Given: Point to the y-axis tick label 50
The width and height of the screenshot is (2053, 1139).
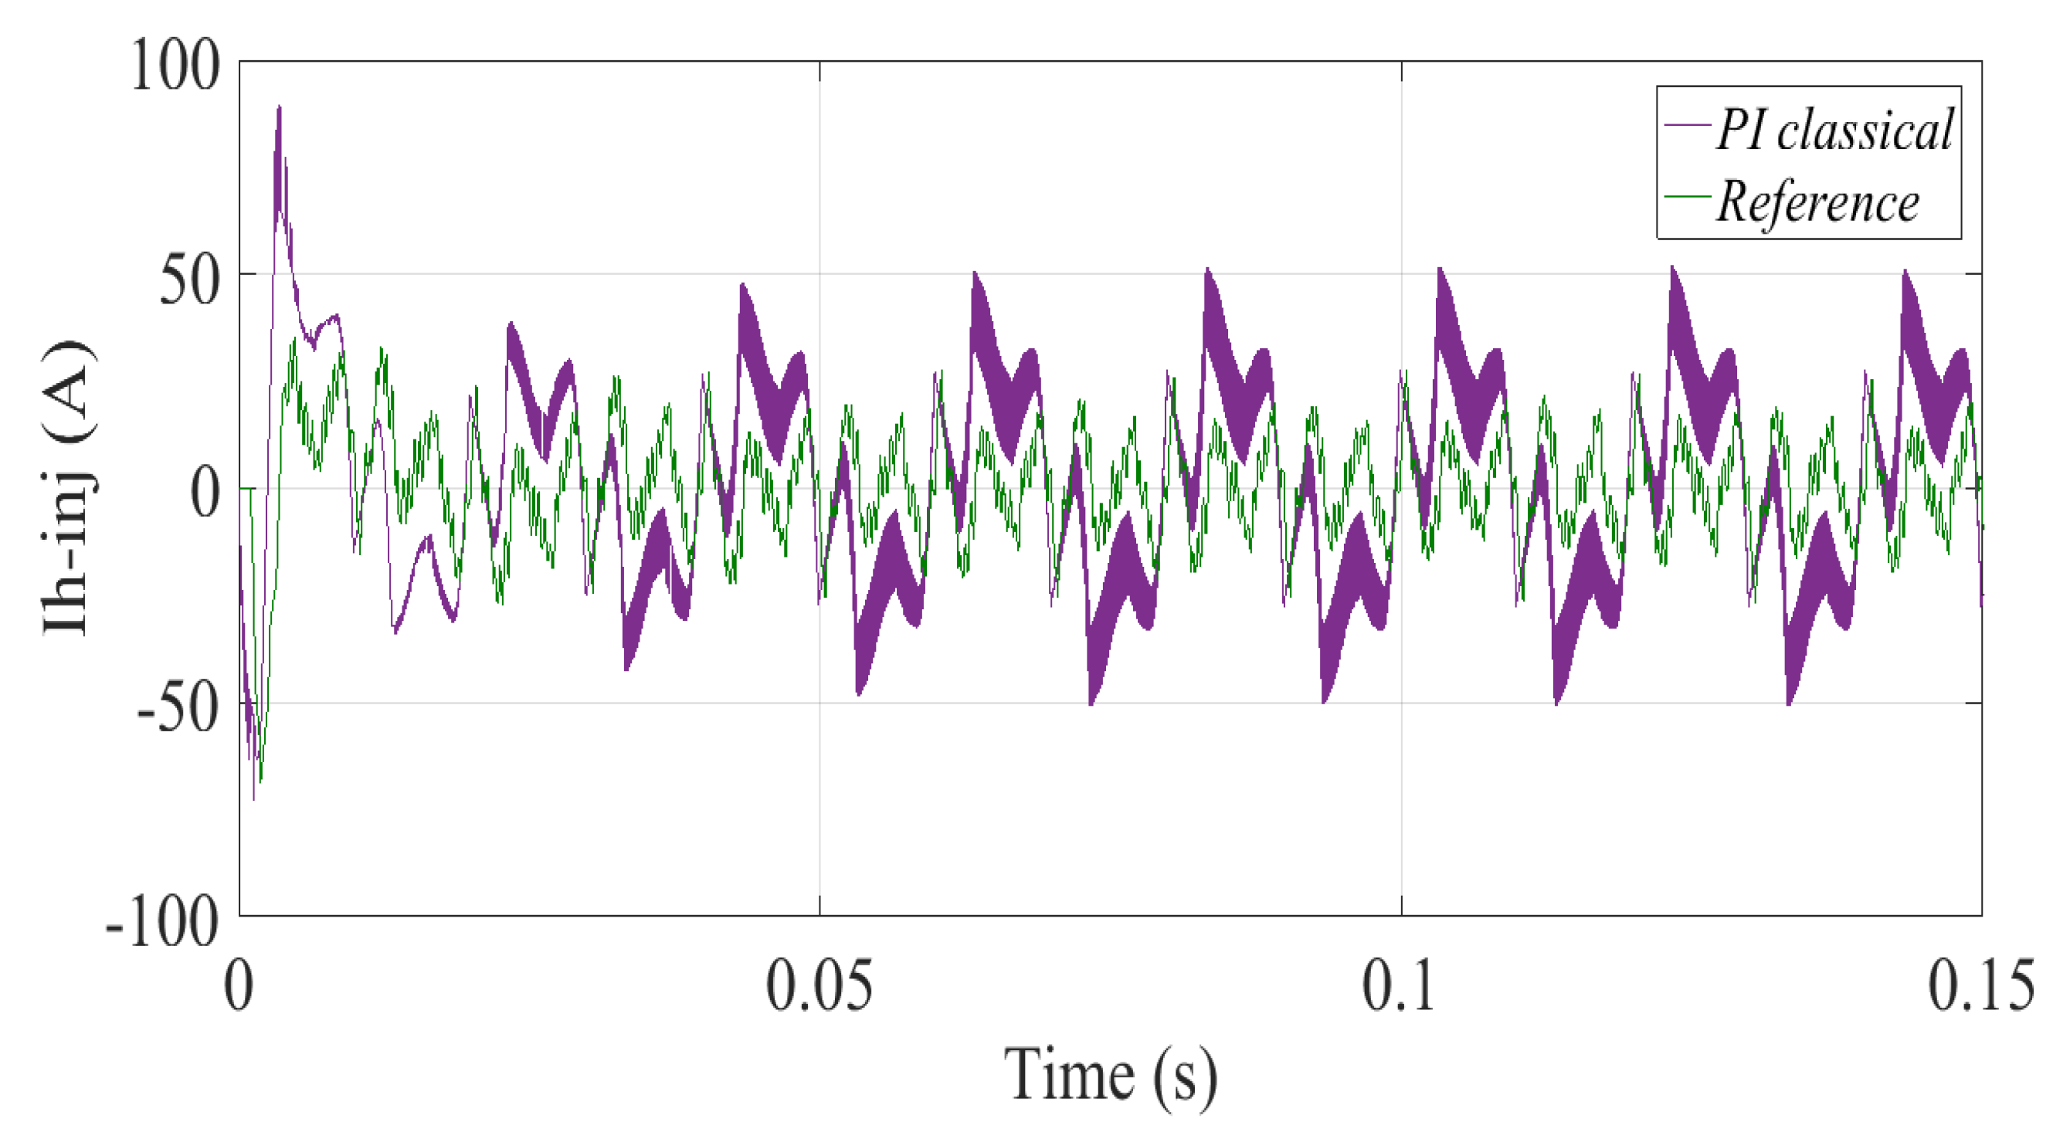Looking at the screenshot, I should click(x=190, y=280).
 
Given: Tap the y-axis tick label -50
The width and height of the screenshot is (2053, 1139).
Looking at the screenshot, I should click(x=178, y=710).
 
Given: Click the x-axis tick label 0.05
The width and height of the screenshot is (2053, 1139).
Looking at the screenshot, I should click(x=820, y=986).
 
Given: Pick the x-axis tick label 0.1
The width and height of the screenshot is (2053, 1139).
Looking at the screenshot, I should click(x=1400, y=986).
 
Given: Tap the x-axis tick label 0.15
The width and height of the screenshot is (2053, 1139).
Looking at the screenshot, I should click(x=1981, y=986).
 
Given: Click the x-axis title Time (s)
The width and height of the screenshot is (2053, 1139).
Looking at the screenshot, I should click(x=1111, y=1076).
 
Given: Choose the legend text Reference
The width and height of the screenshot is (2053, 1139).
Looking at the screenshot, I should click(x=1818, y=202).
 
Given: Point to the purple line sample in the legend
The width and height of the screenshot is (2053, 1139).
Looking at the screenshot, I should click(x=1687, y=126).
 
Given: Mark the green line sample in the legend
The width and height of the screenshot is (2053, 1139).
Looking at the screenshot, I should click(x=1687, y=196).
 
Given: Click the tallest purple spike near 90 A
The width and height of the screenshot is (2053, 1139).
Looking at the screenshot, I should click(x=279, y=108).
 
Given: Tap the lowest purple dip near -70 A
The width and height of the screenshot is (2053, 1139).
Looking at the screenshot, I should click(x=253, y=797).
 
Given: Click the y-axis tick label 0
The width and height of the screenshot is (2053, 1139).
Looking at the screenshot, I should click(x=205, y=493).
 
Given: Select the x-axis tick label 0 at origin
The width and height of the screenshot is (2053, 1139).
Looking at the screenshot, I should click(x=239, y=986).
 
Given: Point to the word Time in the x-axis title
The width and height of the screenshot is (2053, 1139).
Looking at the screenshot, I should click(x=1069, y=1076).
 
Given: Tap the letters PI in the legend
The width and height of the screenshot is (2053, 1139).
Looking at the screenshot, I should click(x=1737, y=130).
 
